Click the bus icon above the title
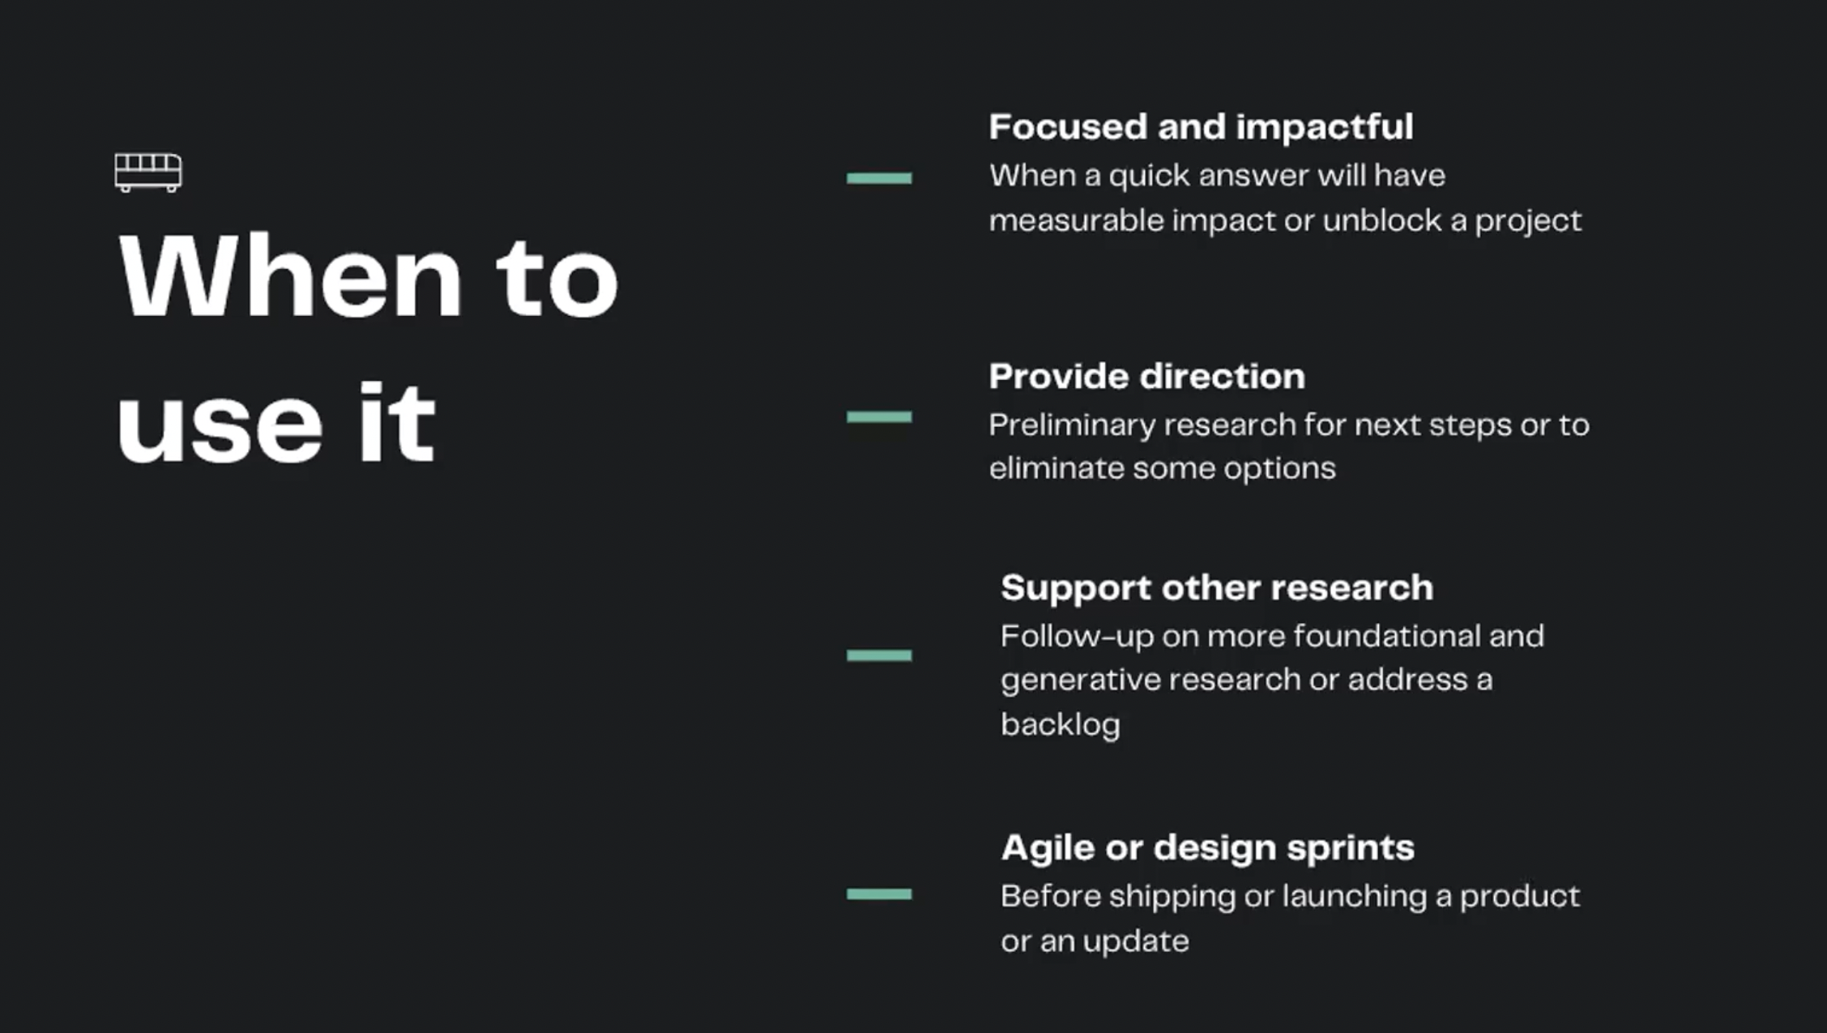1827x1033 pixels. (x=148, y=172)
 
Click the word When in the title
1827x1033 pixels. (x=290, y=277)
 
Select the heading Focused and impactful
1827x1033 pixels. (x=1201, y=127)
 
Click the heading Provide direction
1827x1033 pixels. (x=1146, y=377)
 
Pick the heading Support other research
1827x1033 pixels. (x=1216, y=588)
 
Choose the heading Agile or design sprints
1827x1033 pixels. (x=1207, y=848)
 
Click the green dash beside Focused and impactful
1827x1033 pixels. (x=879, y=178)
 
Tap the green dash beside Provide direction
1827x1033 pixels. (x=879, y=417)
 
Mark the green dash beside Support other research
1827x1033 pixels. (x=879, y=655)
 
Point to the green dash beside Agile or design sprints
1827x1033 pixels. (x=879, y=894)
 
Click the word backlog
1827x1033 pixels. (x=1060, y=724)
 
